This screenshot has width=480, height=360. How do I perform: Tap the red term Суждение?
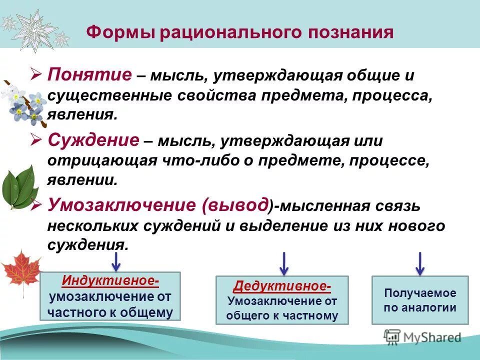pos(93,140)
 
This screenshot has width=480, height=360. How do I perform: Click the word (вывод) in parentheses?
pos(237,205)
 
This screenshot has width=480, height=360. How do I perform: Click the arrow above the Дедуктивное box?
pos(284,262)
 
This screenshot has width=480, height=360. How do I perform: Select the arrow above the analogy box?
pos(420,262)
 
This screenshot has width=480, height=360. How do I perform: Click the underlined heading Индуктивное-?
pos(110,281)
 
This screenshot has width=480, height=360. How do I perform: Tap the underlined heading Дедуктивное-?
pos(282,286)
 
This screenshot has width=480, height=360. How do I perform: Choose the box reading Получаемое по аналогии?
pos(420,300)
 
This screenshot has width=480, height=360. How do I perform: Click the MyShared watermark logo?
pos(422,337)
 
